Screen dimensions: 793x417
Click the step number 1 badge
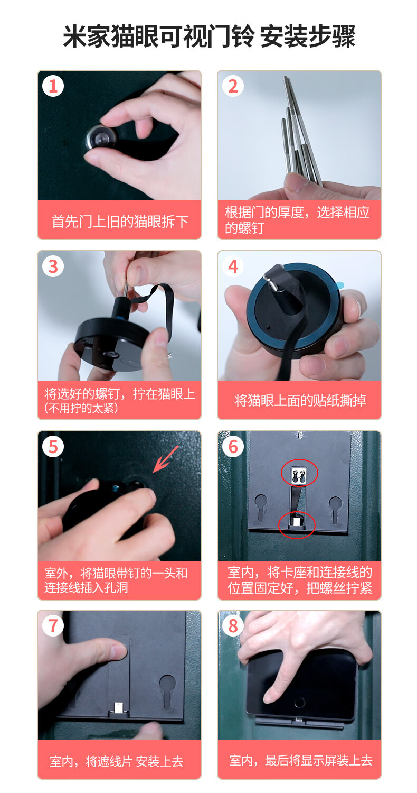(53, 86)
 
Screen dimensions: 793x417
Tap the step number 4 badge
(233, 266)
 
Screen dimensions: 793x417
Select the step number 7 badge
(53, 626)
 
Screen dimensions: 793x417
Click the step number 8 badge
(233, 626)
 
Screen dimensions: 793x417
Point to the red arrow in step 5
(166, 458)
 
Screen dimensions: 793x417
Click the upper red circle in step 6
(299, 473)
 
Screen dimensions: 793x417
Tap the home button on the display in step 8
(299, 703)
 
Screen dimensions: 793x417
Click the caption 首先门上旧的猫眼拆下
(119, 221)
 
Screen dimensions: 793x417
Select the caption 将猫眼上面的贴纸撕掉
(299, 400)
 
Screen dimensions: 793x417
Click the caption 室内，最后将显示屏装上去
(300, 760)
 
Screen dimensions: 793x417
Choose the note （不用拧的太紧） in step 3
(81, 409)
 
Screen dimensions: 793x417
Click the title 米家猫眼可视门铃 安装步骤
(209, 37)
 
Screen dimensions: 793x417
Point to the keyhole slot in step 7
(166, 690)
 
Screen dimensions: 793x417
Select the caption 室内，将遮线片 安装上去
(117, 761)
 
